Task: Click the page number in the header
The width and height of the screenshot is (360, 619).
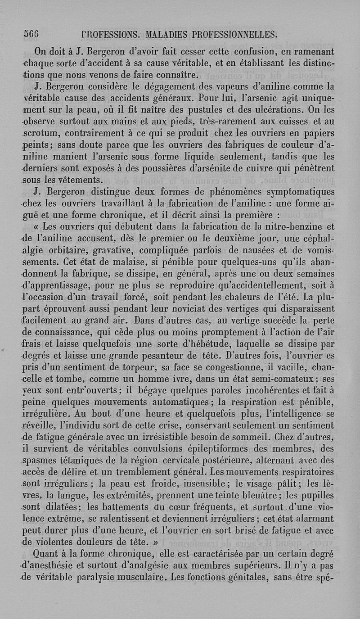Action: click(x=31, y=34)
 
